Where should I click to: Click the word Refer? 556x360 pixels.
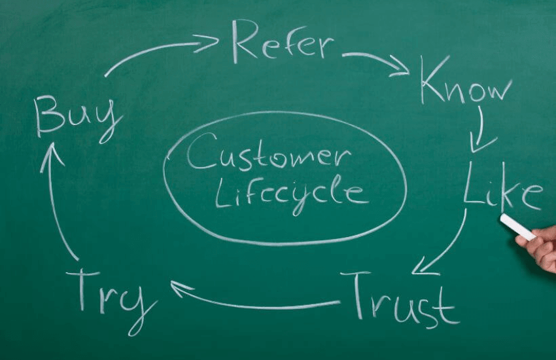tap(283, 41)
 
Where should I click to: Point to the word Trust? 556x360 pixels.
tap(400, 300)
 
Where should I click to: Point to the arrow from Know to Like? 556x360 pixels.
tap(481, 130)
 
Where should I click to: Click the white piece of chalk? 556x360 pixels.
tap(518, 227)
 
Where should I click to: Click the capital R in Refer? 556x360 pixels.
tap(245, 41)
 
